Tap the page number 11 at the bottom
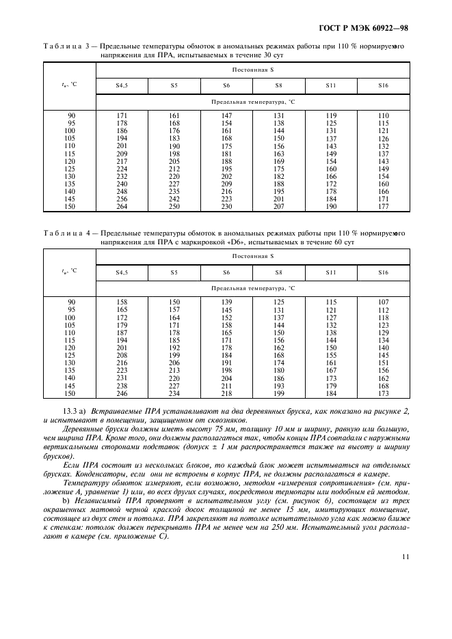pos(405,556)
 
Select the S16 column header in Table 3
pos(383,85)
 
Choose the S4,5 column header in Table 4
pos(122,272)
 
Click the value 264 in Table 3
pos(122,207)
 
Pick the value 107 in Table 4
pos(383,302)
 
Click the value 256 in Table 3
pos(122,199)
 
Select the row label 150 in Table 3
pos(70,207)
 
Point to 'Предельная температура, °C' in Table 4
pos(252,288)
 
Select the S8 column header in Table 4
pos(278,272)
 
